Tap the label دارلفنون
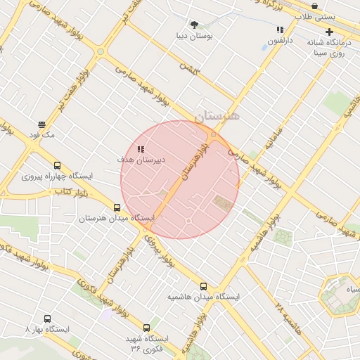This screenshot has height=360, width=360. pos(281,41)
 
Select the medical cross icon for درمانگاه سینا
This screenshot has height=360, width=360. pos(329,32)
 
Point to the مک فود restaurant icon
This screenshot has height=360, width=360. pos(41,124)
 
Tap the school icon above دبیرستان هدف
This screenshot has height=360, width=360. pos(141,149)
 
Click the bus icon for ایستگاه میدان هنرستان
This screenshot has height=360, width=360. pos(117,207)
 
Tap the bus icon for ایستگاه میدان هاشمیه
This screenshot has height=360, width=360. pos(204,286)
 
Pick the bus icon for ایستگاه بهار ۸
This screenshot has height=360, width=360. pos(47,319)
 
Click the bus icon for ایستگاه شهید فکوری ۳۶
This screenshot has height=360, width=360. pos(146,328)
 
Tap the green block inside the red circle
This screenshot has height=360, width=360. pos(223,203)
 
